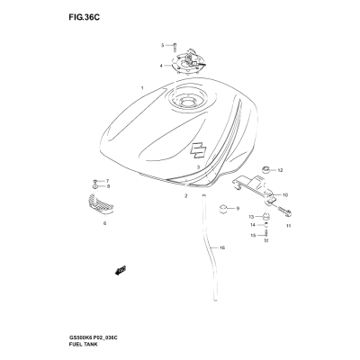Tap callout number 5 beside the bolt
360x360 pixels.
pyautogui.click(x=163, y=45)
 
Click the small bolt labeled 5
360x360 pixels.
pyautogui.click(x=175, y=47)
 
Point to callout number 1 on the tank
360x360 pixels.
pyautogui.click(x=142, y=88)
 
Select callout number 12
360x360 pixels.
pyautogui.click(x=280, y=170)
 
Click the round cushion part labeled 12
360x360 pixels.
pyautogui.click(x=266, y=170)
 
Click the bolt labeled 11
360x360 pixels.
pyautogui.click(x=284, y=211)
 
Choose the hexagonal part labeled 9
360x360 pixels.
pyautogui.click(x=223, y=208)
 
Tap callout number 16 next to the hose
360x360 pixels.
pyautogui.click(x=222, y=247)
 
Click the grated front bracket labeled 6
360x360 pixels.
pyautogui.click(x=101, y=204)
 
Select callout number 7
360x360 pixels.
pyautogui.click(x=107, y=181)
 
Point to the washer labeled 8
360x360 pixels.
pyautogui.click(x=95, y=186)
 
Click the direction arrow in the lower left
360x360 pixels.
pyautogui.click(x=121, y=270)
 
